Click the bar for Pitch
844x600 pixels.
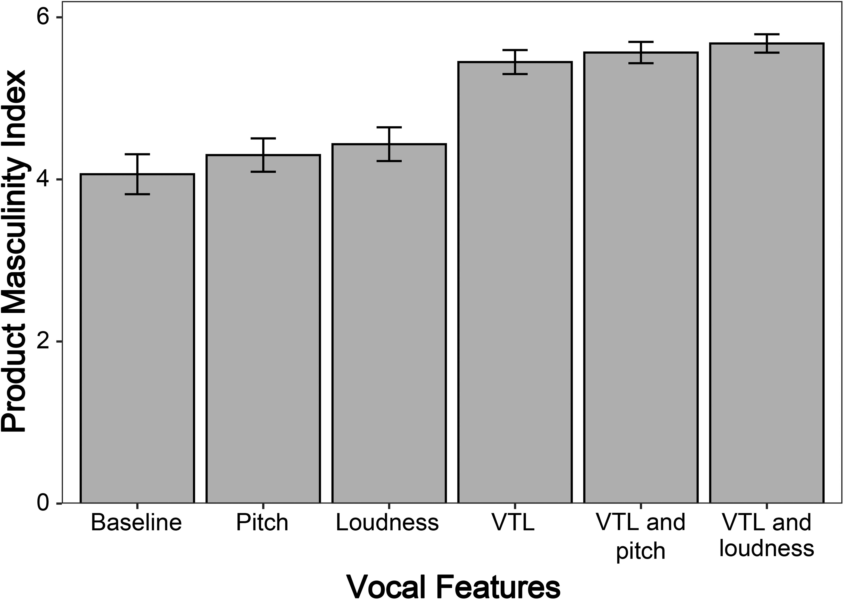pos(263,329)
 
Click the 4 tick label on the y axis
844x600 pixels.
pos(44,180)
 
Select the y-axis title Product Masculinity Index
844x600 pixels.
pos(14,251)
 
